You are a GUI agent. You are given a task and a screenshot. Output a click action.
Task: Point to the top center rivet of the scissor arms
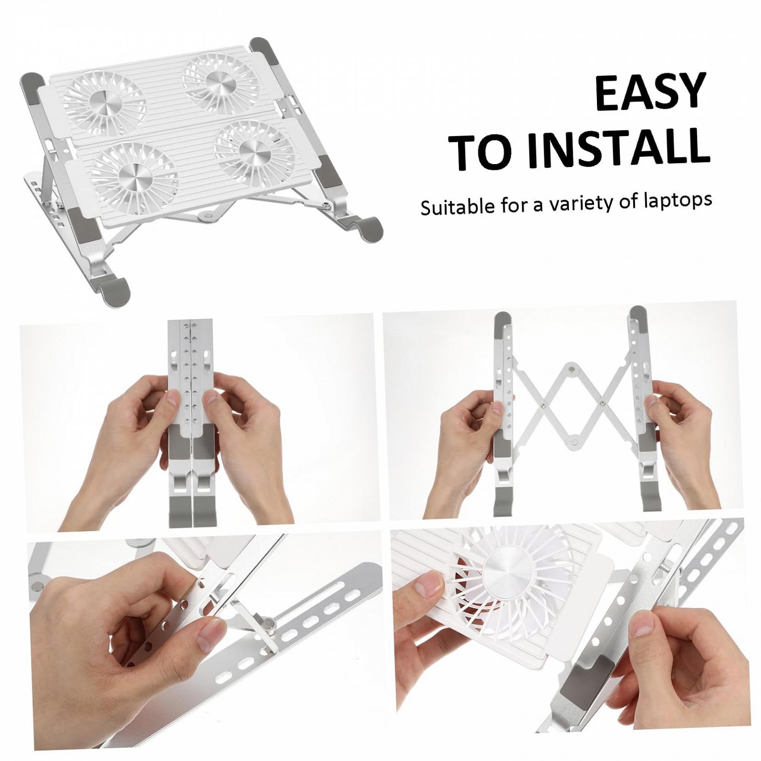[570, 368]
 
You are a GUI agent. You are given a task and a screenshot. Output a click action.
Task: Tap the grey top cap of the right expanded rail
[637, 319]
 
